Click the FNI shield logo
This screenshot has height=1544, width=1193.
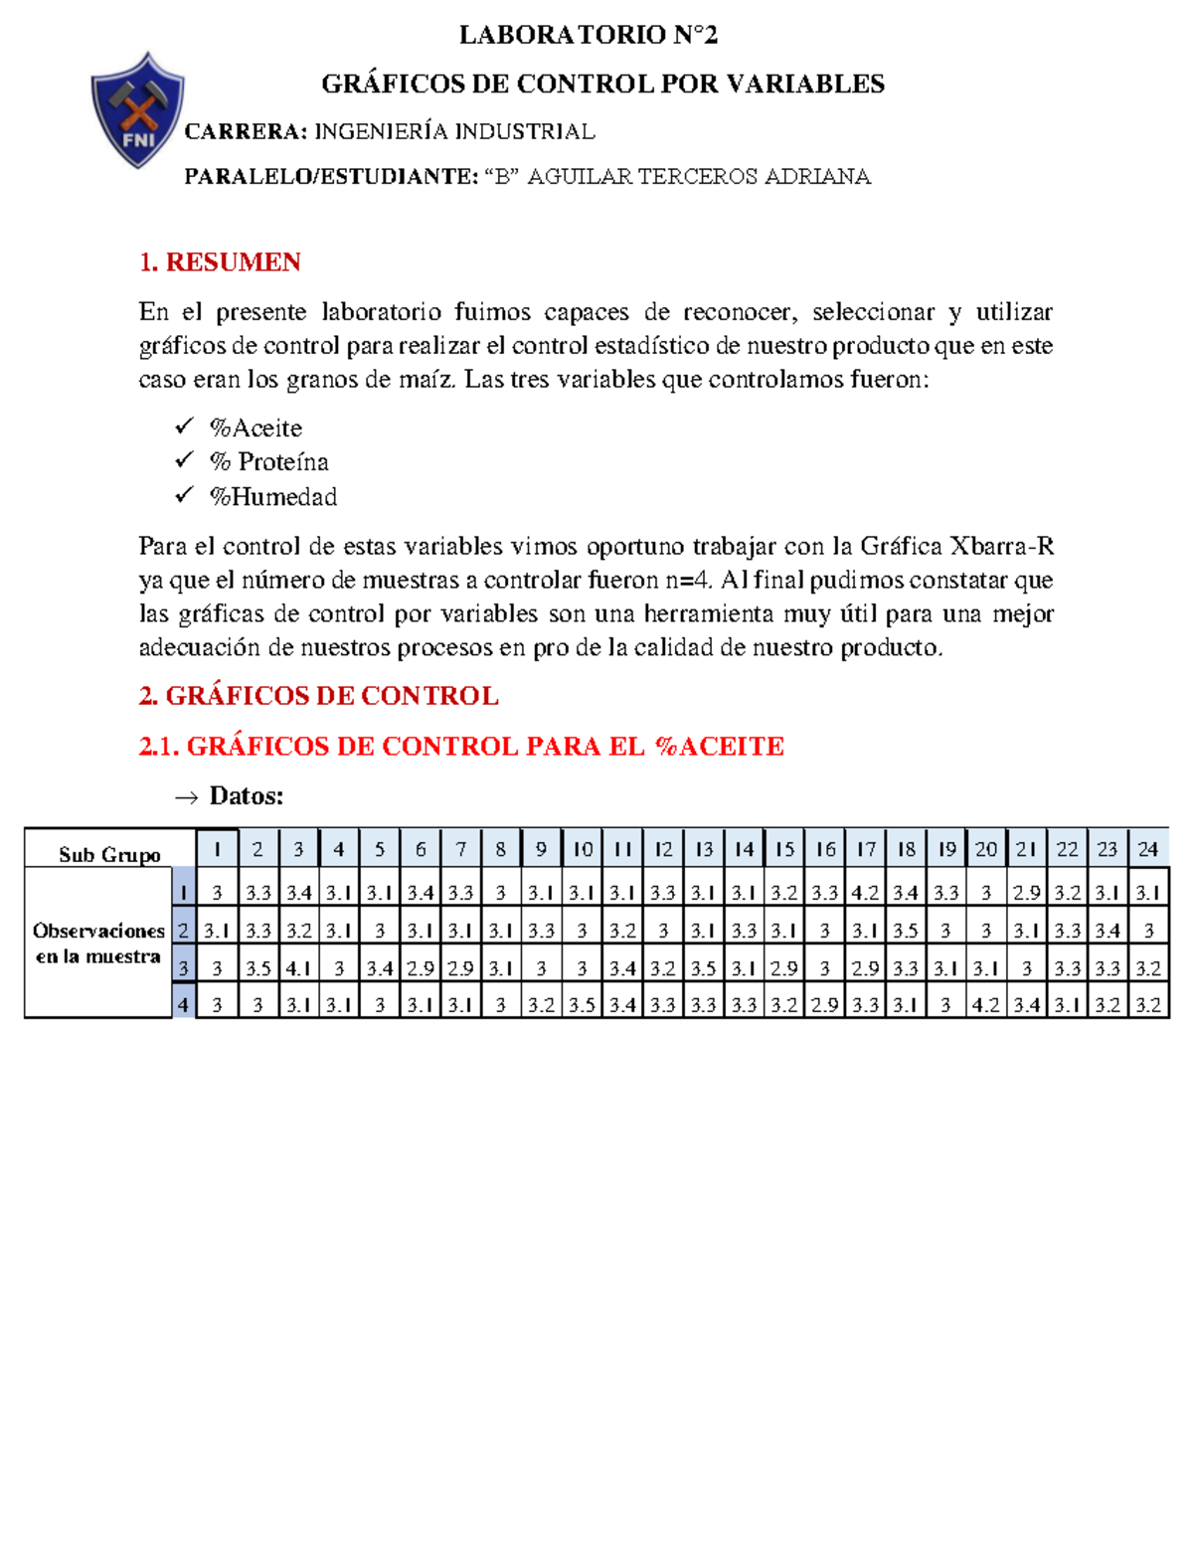tap(138, 110)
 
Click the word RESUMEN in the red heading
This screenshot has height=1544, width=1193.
tap(233, 262)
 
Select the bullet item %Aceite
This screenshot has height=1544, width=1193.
tap(256, 429)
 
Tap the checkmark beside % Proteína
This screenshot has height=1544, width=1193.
tap(184, 460)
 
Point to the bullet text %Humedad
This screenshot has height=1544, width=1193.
tap(273, 497)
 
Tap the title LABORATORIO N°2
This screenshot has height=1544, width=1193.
tap(588, 36)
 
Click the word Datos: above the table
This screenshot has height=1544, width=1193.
tap(247, 796)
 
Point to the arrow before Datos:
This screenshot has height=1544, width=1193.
tap(186, 797)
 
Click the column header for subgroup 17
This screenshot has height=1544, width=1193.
tap(866, 849)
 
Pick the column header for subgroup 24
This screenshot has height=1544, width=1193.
tap(1148, 849)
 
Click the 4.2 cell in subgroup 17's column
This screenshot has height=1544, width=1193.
tap(865, 893)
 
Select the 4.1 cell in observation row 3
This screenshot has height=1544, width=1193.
tap(298, 967)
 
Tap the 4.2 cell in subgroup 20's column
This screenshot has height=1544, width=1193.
tap(986, 1005)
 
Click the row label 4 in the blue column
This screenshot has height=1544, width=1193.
tap(183, 1005)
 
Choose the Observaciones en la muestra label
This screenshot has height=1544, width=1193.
tap(98, 944)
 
